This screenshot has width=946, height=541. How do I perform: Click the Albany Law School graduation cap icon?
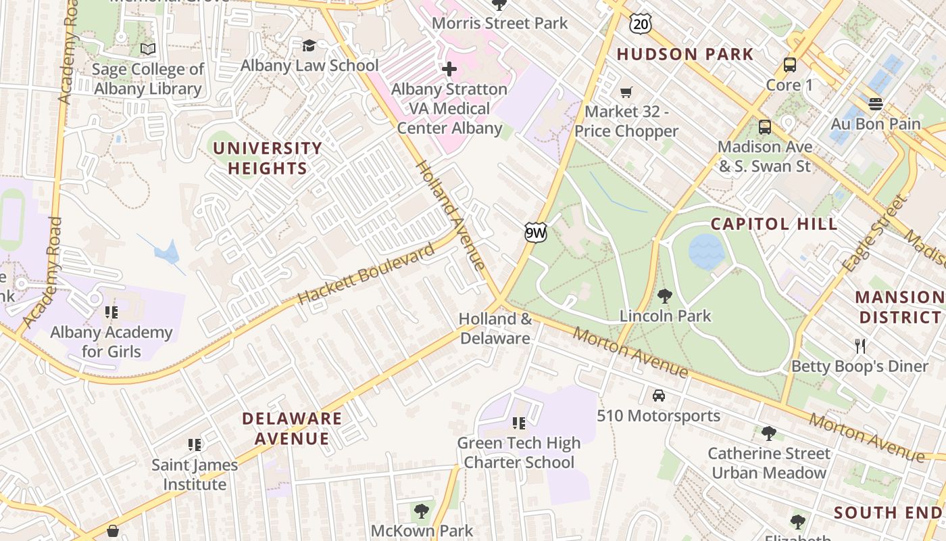(309, 45)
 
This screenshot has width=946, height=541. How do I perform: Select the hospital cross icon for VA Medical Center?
(449, 69)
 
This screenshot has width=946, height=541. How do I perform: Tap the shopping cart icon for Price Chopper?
(626, 92)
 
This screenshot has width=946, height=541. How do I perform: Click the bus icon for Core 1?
(789, 65)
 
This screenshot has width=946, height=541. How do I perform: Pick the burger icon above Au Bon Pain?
(876, 104)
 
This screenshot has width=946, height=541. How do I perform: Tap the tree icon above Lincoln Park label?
(665, 296)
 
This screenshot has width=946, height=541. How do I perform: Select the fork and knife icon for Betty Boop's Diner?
(860, 346)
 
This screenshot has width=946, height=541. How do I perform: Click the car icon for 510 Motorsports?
(659, 396)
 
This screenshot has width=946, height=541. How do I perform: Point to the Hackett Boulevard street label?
(366, 275)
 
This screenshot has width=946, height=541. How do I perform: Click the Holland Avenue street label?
(449, 215)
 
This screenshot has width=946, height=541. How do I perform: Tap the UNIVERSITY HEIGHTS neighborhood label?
(268, 158)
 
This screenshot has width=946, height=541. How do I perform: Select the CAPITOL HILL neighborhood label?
(774, 224)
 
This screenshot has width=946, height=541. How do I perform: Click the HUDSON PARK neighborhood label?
(684, 54)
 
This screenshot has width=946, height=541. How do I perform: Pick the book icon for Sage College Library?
(147, 49)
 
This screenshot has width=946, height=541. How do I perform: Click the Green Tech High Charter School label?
(518, 453)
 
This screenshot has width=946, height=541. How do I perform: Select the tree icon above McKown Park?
(421, 511)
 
